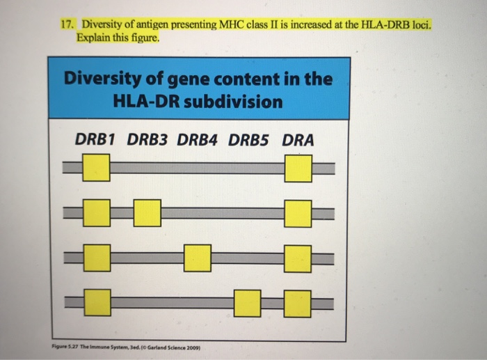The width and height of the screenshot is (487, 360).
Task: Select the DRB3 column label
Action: click(x=147, y=140)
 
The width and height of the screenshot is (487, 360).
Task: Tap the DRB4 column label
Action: click(x=198, y=140)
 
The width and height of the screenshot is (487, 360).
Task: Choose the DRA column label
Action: click(x=298, y=140)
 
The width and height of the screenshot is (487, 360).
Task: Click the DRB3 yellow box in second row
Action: click(x=147, y=212)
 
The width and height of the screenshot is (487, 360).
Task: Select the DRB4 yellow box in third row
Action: click(x=198, y=258)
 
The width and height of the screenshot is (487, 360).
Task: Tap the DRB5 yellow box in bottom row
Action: click(x=247, y=302)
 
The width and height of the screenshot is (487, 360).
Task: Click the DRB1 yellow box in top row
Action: click(x=97, y=168)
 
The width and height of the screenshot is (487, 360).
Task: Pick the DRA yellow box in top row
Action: click(x=298, y=168)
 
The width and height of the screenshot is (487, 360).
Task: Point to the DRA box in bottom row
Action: click(x=298, y=302)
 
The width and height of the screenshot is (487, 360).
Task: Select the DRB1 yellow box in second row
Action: click(x=97, y=212)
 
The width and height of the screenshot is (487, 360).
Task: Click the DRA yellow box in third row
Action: click(x=298, y=258)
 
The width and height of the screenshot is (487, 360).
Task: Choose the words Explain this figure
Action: click(x=119, y=38)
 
